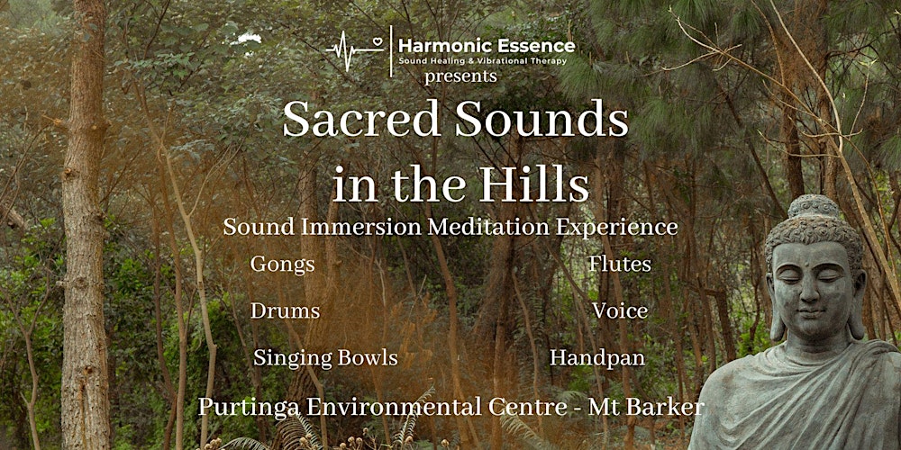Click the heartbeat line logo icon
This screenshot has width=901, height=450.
pos(356,46)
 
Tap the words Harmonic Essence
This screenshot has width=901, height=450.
pos(487,45)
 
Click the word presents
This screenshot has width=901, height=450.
pos(460,76)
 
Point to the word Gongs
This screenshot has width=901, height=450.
pos(283,264)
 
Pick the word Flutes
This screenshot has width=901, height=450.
pos(619,264)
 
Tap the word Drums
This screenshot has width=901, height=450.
pos(285,310)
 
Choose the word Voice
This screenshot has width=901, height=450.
pos(620,310)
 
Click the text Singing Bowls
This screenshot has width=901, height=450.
pos(325,357)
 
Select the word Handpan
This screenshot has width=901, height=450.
pos(597,357)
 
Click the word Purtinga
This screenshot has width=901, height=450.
pos(248,407)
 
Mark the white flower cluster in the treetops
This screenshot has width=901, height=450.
pos(245,39)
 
